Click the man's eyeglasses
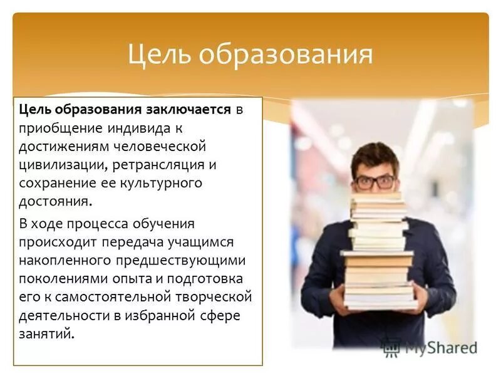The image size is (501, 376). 374,182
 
